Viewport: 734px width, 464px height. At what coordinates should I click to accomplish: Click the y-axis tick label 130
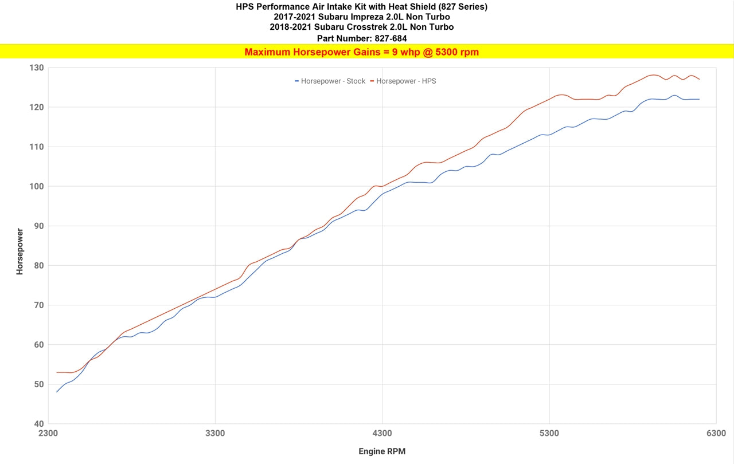tap(37, 68)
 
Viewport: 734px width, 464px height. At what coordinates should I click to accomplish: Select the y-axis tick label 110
tap(37, 147)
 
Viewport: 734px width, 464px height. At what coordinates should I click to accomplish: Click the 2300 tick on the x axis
tap(48, 433)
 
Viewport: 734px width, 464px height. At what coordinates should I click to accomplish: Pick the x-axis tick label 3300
tap(215, 433)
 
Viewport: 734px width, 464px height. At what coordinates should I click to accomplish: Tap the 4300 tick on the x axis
tap(382, 433)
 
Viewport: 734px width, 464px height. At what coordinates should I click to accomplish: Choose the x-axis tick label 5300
tap(549, 433)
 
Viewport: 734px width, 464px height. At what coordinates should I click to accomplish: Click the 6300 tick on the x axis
tap(716, 433)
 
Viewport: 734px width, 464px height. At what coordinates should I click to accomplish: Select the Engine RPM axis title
tap(382, 451)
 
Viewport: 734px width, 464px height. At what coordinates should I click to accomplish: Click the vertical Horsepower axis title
tap(20, 251)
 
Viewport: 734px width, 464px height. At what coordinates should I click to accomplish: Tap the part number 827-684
tap(386, 38)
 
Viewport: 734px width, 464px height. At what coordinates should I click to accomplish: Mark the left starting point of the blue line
tap(57, 392)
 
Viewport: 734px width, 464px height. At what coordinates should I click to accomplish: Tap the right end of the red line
tap(700, 79)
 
